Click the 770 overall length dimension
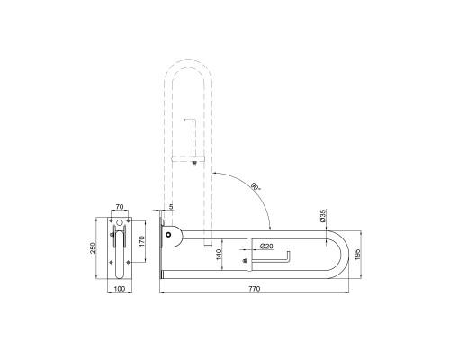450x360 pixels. (255, 289)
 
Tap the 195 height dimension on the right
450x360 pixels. (356, 255)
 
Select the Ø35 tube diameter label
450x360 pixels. (323, 216)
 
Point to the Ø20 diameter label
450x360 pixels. (266, 246)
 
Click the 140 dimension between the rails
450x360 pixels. (219, 255)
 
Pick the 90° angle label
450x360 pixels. (256, 186)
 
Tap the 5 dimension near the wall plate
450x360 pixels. (171, 206)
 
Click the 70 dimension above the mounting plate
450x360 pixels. (120, 207)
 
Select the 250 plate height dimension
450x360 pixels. (94, 248)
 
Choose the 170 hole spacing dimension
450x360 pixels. (142, 241)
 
